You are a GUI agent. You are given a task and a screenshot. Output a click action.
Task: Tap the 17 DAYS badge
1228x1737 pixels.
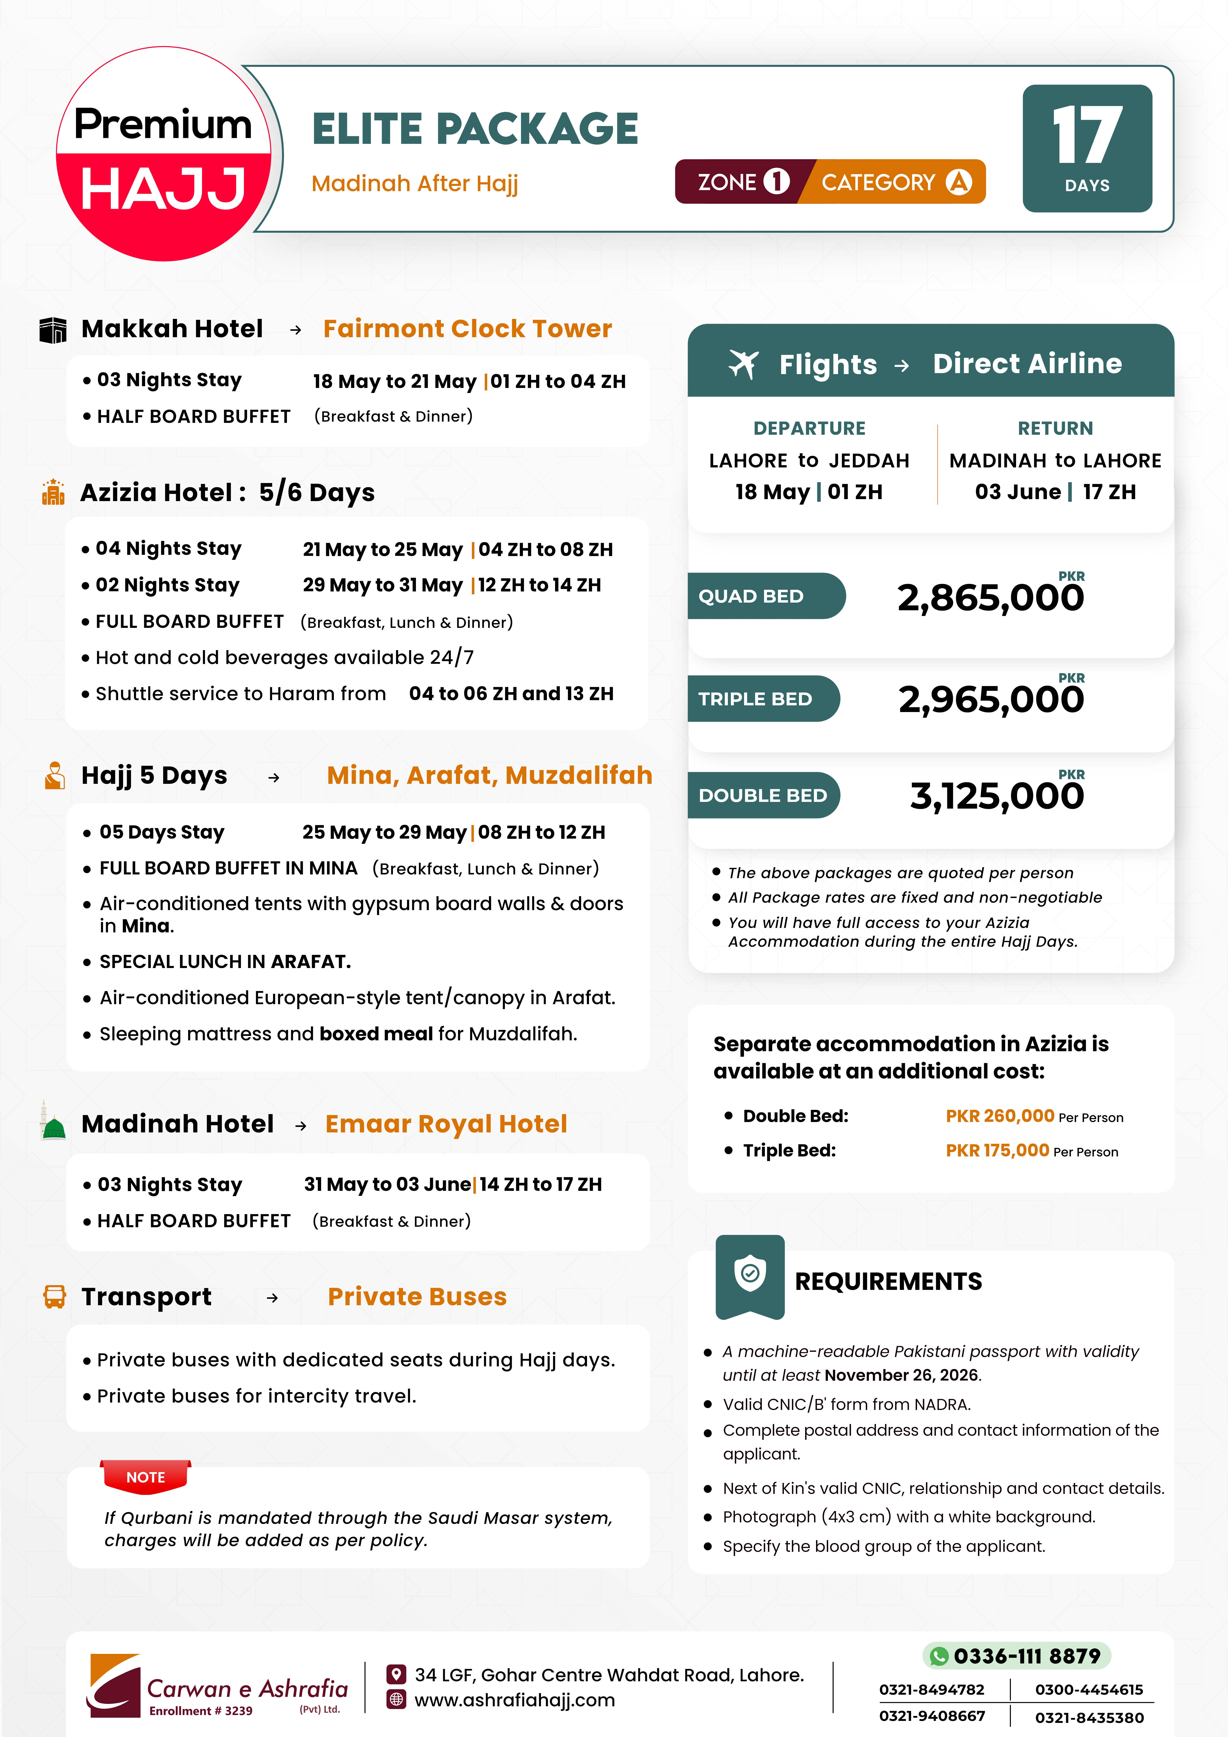click(x=1087, y=148)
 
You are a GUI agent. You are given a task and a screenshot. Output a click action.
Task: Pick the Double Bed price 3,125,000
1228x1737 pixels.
click(x=997, y=796)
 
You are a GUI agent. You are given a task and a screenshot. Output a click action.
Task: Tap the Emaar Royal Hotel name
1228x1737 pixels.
click(x=446, y=1124)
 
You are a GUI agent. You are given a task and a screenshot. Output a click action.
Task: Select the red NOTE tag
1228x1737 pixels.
click(x=145, y=1477)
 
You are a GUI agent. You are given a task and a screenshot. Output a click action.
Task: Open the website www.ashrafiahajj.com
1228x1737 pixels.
click(x=514, y=1700)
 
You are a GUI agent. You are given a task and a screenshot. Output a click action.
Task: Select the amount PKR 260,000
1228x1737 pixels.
click(x=999, y=1116)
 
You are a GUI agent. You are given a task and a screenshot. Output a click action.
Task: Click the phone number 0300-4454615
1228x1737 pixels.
click(x=1089, y=1689)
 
